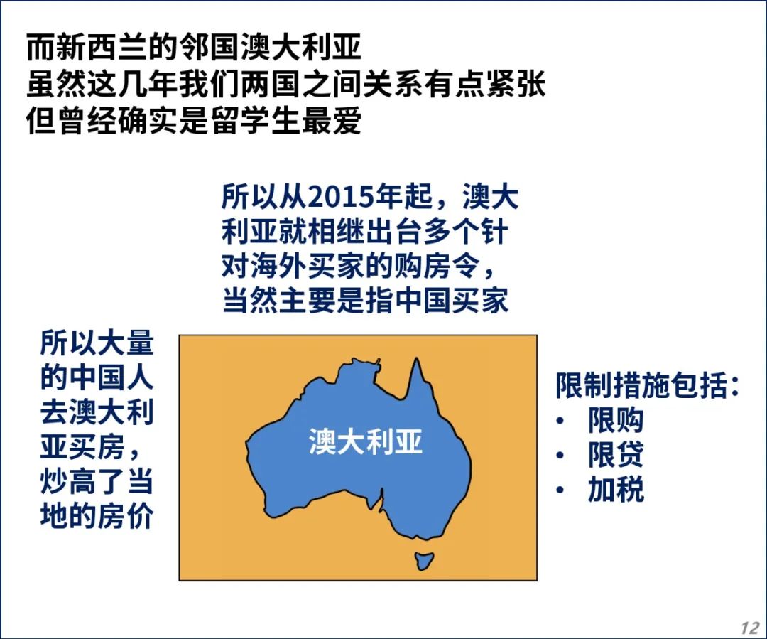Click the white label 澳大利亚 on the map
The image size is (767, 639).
tap(366, 441)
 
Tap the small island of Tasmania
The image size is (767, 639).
tap(423, 561)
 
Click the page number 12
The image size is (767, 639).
tap(750, 628)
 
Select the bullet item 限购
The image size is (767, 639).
tap(615, 420)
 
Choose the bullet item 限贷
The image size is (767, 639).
tap(615, 455)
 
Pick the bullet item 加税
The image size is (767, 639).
tap(615, 490)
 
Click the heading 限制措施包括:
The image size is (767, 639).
tap(647, 385)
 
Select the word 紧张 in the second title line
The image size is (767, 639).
tap(516, 84)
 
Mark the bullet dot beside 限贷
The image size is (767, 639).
tap(560, 456)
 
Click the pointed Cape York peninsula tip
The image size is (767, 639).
tap(417, 358)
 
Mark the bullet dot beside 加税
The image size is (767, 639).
tap(560, 490)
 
